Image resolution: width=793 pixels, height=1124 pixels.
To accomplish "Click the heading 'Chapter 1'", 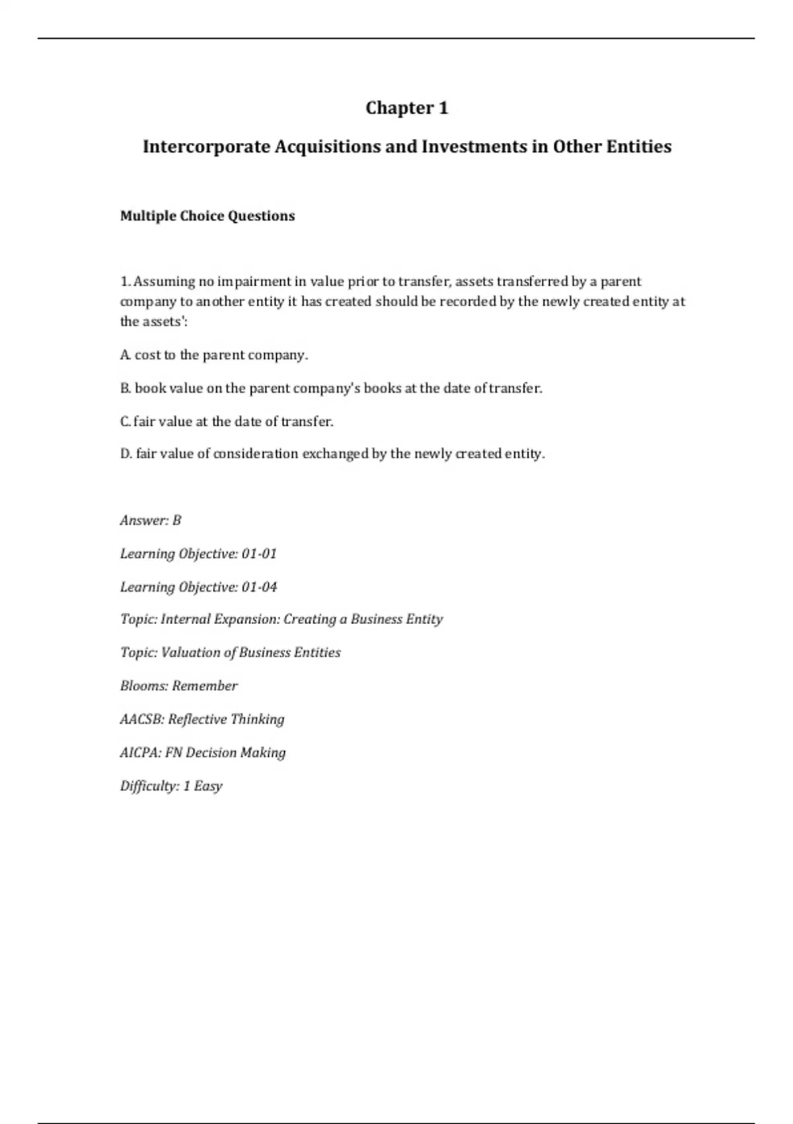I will coord(406,108).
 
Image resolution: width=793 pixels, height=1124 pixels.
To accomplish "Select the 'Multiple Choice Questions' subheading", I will coord(207,216).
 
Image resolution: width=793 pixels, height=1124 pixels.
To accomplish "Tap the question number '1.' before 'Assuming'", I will coord(125,282).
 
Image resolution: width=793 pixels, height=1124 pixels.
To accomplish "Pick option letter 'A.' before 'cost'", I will coord(126,355).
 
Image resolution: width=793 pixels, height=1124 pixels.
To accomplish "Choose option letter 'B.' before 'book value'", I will coord(126,388).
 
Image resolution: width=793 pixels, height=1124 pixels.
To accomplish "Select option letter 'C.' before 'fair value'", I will coord(126,421).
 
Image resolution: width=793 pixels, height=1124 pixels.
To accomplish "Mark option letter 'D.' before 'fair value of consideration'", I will coord(126,454).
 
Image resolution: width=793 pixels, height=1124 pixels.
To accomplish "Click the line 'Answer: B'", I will coord(151,520).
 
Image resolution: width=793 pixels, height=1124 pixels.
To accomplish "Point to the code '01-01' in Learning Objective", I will coord(259,553).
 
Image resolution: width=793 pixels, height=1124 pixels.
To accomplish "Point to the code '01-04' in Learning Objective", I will coord(259,586).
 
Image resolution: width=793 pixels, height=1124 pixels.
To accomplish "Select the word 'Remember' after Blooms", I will coord(205,686).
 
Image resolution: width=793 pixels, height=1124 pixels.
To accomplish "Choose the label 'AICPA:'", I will coord(140,752).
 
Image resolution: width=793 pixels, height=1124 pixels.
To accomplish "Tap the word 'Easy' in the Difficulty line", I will coord(208,786).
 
